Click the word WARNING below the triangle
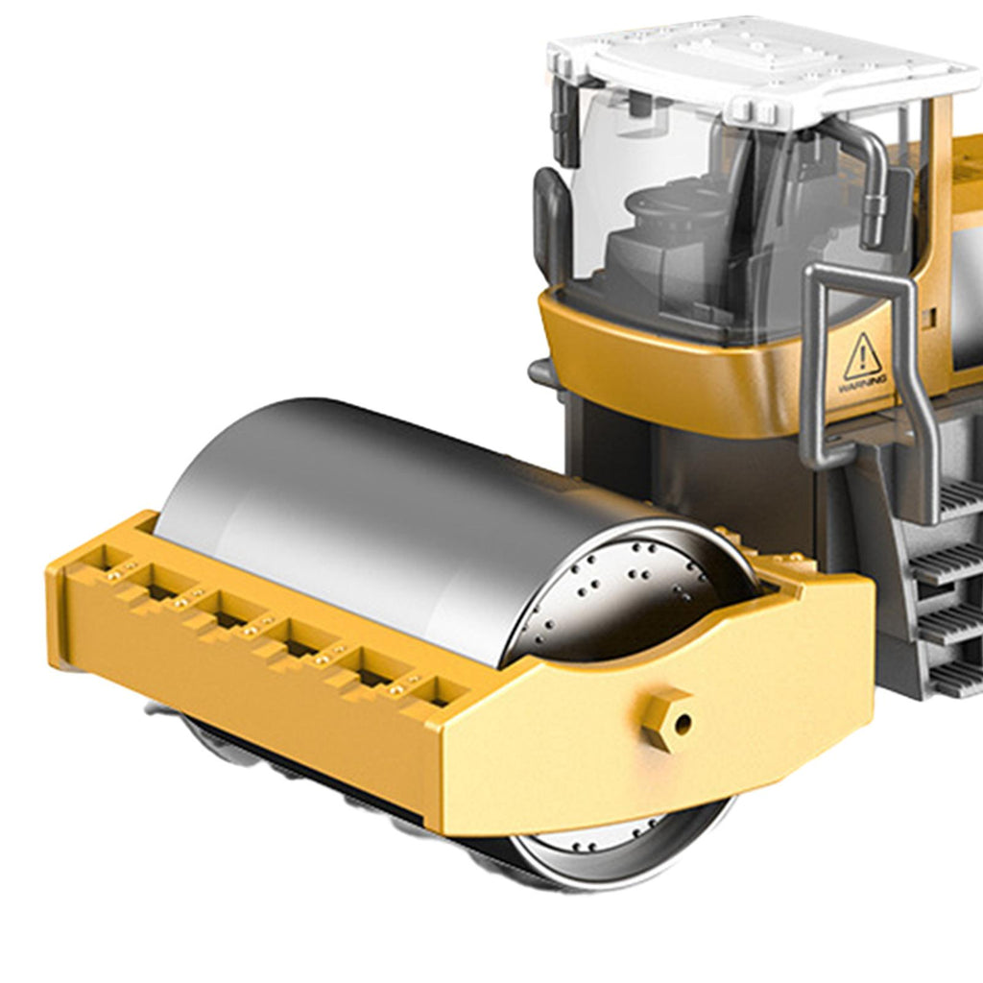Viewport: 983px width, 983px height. click(x=864, y=385)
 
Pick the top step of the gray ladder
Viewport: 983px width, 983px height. click(x=959, y=498)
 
